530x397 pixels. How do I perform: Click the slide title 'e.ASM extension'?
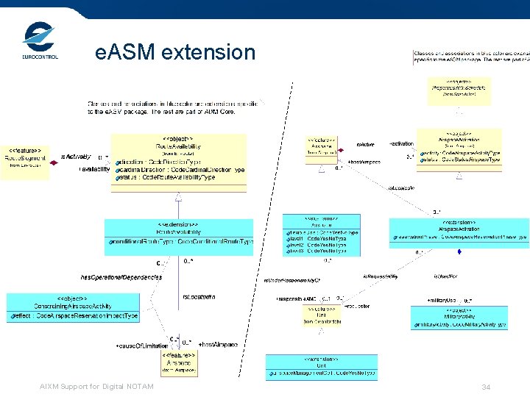[x=175, y=52]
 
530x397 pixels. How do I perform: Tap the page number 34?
[x=486, y=387]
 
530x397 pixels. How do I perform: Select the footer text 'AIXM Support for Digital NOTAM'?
[x=97, y=387]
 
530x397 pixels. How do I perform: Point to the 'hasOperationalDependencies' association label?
[x=121, y=278]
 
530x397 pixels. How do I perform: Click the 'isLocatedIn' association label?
[x=198, y=296]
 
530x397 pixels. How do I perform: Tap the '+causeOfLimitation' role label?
[x=142, y=346]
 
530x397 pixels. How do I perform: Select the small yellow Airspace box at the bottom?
[x=180, y=362]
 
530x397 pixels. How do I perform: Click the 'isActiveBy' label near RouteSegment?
[x=76, y=157]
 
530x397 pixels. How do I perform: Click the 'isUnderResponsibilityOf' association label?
[x=292, y=281]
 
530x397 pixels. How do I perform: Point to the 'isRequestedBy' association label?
[x=380, y=276]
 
